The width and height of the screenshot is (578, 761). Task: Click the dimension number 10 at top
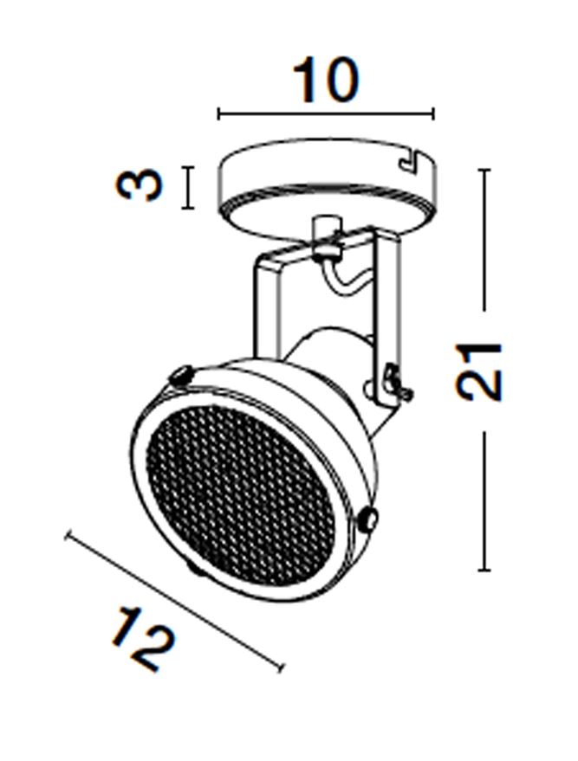[x=327, y=80]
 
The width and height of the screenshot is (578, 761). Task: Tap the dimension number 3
[x=139, y=184]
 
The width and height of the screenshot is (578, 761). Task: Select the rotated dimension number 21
[x=478, y=371]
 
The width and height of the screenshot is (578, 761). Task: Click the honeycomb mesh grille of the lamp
[x=240, y=495]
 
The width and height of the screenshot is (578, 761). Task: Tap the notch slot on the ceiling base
[x=410, y=160]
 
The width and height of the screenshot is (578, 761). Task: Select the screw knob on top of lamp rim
[x=181, y=375]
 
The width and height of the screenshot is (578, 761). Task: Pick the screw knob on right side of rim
[x=368, y=519]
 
